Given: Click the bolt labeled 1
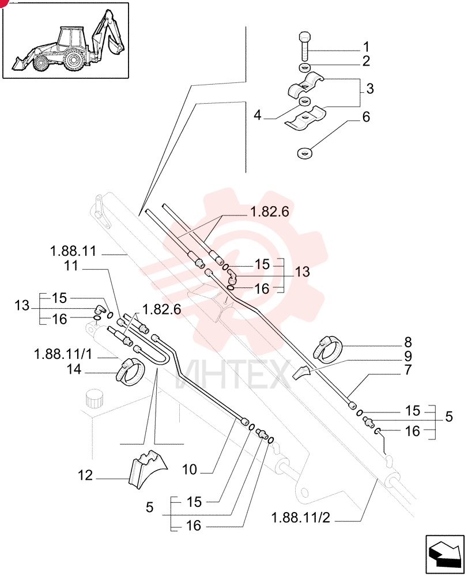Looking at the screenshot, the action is pyautogui.click(x=304, y=46).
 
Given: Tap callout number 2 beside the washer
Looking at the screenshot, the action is pyautogui.click(x=366, y=61).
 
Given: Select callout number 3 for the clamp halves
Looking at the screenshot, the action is pyautogui.click(x=370, y=89).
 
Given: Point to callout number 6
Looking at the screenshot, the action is pyautogui.click(x=366, y=117).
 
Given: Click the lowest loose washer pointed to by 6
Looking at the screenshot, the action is pyautogui.click(x=304, y=153).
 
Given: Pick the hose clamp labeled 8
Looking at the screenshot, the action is pyautogui.click(x=327, y=347).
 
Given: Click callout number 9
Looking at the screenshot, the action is pyautogui.click(x=407, y=356).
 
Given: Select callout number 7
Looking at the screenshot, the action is pyautogui.click(x=407, y=370).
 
